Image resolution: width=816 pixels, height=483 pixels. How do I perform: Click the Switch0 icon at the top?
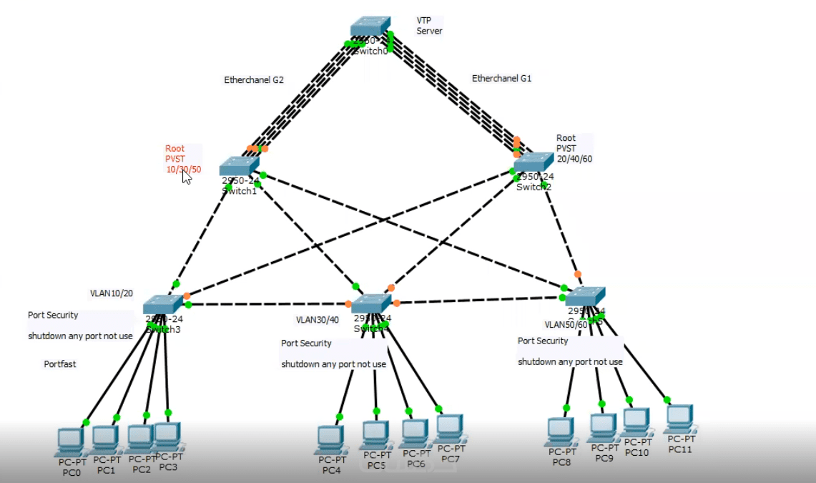(x=370, y=28)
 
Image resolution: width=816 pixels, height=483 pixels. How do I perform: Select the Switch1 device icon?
(x=238, y=166)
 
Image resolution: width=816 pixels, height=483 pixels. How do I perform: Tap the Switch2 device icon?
(x=533, y=162)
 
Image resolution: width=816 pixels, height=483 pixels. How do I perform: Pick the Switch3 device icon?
(x=163, y=305)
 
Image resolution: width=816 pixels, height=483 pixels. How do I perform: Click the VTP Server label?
(x=429, y=26)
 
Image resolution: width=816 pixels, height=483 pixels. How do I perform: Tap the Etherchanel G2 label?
(x=254, y=80)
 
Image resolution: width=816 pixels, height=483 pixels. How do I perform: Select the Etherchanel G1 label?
(x=501, y=78)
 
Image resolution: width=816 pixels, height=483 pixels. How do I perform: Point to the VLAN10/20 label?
(x=111, y=293)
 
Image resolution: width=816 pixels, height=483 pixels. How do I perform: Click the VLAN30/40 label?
(x=318, y=320)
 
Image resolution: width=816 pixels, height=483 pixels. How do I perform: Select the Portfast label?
(x=60, y=364)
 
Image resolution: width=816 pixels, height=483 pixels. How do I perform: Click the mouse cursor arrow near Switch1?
(x=186, y=177)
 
